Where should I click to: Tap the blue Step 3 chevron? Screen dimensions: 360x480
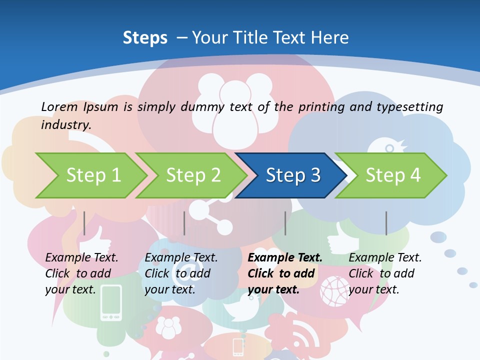point(292,175)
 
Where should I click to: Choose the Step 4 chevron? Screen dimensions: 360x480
point(392,175)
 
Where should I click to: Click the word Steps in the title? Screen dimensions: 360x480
point(145,37)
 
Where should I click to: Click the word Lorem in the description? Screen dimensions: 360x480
point(59,106)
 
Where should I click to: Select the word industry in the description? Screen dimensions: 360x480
point(65,124)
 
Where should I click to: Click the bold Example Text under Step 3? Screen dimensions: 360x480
point(285,257)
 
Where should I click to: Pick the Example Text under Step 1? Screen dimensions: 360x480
point(81,257)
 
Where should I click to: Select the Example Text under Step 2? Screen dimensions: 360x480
point(181,257)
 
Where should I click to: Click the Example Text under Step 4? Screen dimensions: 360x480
point(385,257)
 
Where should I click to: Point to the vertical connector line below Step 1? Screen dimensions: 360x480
point(84,223)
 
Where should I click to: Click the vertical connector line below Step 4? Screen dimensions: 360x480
point(386,223)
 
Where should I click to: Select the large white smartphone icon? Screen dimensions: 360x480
point(111,302)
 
